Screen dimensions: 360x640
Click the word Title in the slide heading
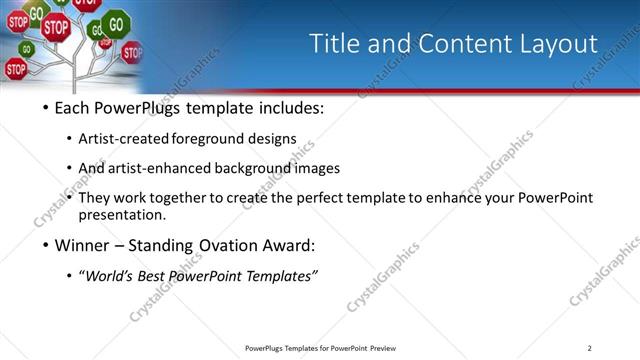click(x=334, y=44)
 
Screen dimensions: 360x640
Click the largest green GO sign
click(x=117, y=22)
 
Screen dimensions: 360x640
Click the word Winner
click(x=82, y=245)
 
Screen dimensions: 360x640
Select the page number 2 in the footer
click(x=590, y=348)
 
